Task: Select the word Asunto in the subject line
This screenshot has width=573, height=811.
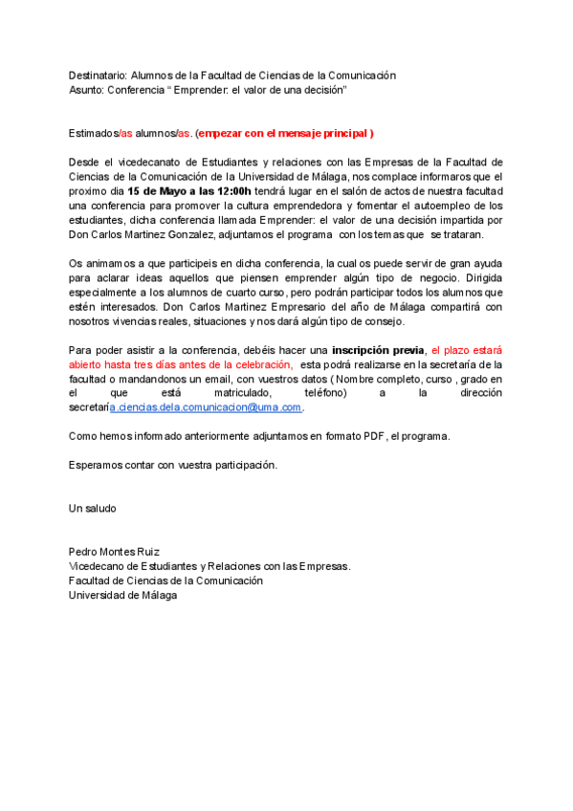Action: (86, 89)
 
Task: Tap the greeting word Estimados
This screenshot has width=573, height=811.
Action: (93, 132)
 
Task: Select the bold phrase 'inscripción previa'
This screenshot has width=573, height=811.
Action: (378, 350)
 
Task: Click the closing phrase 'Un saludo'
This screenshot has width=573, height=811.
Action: (92, 508)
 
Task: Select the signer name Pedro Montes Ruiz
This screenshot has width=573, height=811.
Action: (114, 552)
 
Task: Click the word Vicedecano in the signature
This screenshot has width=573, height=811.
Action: (99, 566)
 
